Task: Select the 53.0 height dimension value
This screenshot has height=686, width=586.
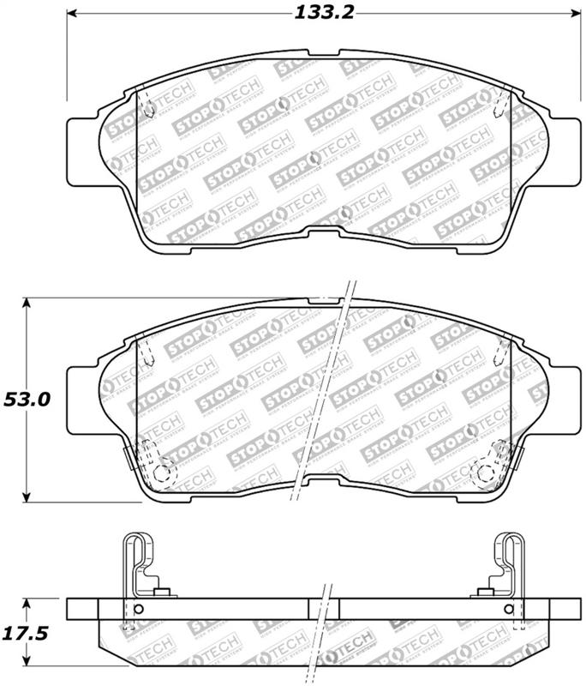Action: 27,400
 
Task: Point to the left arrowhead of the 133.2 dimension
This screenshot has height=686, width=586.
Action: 73,14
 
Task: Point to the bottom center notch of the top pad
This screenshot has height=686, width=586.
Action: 324,234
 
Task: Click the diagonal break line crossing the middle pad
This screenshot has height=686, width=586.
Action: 324,394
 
